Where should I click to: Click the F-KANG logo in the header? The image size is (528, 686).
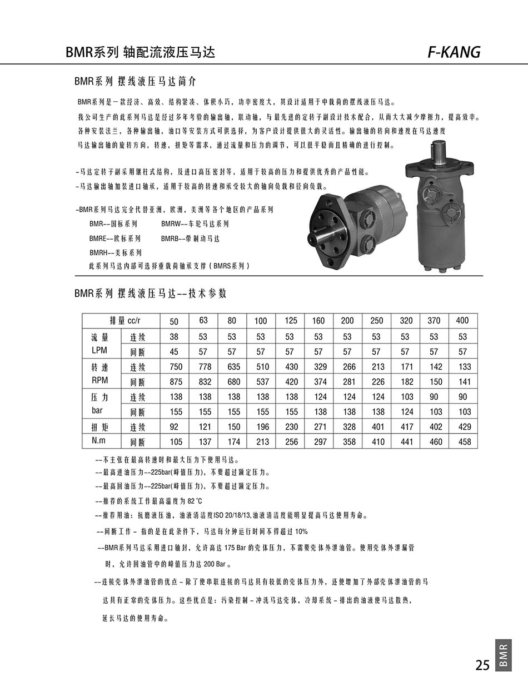click(454, 52)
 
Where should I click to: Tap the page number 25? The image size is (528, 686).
click(482, 665)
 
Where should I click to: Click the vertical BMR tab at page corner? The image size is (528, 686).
click(503, 655)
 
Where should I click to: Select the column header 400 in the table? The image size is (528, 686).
click(462, 321)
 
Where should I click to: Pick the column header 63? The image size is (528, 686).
click(203, 321)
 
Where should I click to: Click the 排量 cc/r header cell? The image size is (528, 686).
click(125, 321)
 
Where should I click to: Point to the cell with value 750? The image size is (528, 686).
click(176, 367)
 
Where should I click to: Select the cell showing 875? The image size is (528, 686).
click(176, 382)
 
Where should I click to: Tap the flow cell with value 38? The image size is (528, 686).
click(174, 337)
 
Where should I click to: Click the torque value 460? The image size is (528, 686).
click(436, 442)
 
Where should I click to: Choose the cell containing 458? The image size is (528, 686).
click(464, 442)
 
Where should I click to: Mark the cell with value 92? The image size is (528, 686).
click(174, 427)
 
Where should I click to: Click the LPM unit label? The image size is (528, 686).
click(99, 350)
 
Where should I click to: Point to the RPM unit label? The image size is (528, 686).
click(99, 381)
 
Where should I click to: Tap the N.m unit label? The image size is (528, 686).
click(98, 441)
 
